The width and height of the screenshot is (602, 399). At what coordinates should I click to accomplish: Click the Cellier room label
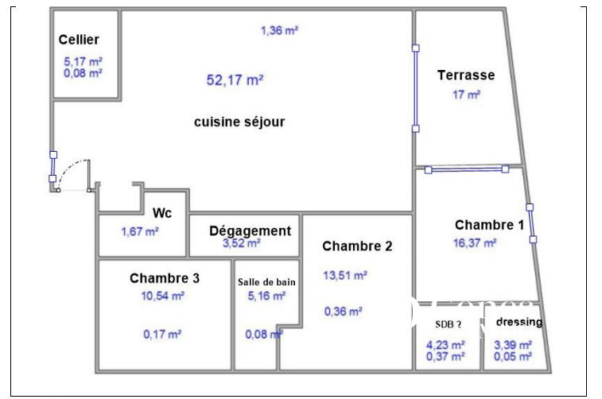click(x=79, y=40)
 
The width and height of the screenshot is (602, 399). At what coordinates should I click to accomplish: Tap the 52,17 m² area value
click(x=235, y=79)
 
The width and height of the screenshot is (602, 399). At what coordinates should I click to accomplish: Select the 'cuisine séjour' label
click(x=239, y=122)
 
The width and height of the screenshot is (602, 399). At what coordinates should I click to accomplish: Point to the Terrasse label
click(x=466, y=76)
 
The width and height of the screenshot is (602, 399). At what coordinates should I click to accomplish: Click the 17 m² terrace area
click(x=467, y=94)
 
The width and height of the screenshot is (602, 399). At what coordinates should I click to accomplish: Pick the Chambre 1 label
click(x=489, y=225)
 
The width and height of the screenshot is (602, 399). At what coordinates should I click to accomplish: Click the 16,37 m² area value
click(x=475, y=243)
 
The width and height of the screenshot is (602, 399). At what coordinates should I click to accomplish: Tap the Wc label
click(x=162, y=213)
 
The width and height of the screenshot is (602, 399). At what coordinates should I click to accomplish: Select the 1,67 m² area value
click(x=140, y=231)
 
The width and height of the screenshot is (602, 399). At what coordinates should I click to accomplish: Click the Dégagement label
click(x=250, y=230)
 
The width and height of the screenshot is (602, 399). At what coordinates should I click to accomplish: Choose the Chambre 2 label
click(x=357, y=246)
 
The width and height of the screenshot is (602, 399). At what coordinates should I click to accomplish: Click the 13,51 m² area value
click(x=345, y=275)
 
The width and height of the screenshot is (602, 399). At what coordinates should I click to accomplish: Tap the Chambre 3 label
click(x=165, y=278)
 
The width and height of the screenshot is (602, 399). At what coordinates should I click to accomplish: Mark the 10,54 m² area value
click(x=163, y=295)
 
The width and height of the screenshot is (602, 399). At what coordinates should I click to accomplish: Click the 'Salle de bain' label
click(x=266, y=282)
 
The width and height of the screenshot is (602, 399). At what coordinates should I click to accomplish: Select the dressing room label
click(x=519, y=322)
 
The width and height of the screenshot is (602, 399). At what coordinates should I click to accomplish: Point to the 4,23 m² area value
click(x=445, y=345)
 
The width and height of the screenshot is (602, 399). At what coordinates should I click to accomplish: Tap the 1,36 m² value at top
click(x=279, y=31)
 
